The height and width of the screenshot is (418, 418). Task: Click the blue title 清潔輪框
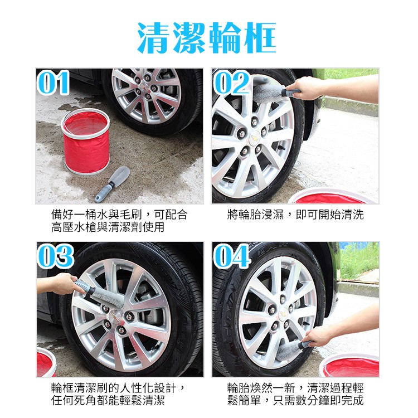tap(207, 38)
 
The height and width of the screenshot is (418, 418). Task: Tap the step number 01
tap(54, 82)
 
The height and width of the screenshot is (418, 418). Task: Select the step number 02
tap(231, 82)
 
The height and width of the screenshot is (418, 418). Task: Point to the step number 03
tap(55, 256)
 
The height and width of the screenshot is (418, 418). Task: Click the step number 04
tap(231, 256)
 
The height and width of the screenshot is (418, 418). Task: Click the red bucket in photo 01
tap(86, 142)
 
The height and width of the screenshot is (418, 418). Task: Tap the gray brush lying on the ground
tap(112, 184)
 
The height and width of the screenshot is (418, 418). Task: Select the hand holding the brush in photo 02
tap(307, 88)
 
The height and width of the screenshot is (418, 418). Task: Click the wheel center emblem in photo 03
tap(116, 315)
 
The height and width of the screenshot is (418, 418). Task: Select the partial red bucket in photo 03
tap(46, 362)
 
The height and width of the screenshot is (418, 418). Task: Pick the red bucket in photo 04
tap(350, 365)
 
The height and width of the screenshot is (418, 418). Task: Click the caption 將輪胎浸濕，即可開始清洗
tap(295, 215)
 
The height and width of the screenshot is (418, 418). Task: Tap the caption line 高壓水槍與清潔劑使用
tap(108, 227)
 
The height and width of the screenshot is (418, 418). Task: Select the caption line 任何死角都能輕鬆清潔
tap(108, 401)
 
